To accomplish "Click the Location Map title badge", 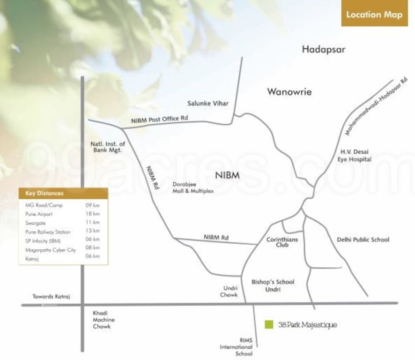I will click(374, 15).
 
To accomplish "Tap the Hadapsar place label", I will click(323, 49).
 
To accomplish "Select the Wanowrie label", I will click(289, 91).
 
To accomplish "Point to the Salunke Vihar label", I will click(208, 103).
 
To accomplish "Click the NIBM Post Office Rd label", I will click(159, 120).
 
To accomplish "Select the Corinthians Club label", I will click(282, 242).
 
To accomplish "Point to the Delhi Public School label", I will click(363, 240).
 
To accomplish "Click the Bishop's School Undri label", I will click(273, 285).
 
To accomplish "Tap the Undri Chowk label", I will click(229, 291).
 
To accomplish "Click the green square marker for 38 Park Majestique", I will click(269, 324).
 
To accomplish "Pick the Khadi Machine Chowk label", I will click(103, 320).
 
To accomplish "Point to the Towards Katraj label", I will click(51, 296).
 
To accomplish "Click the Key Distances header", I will click(44, 193).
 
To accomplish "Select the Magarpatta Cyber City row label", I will click(50, 250).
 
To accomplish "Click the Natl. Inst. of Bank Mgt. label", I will click(107, 147).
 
